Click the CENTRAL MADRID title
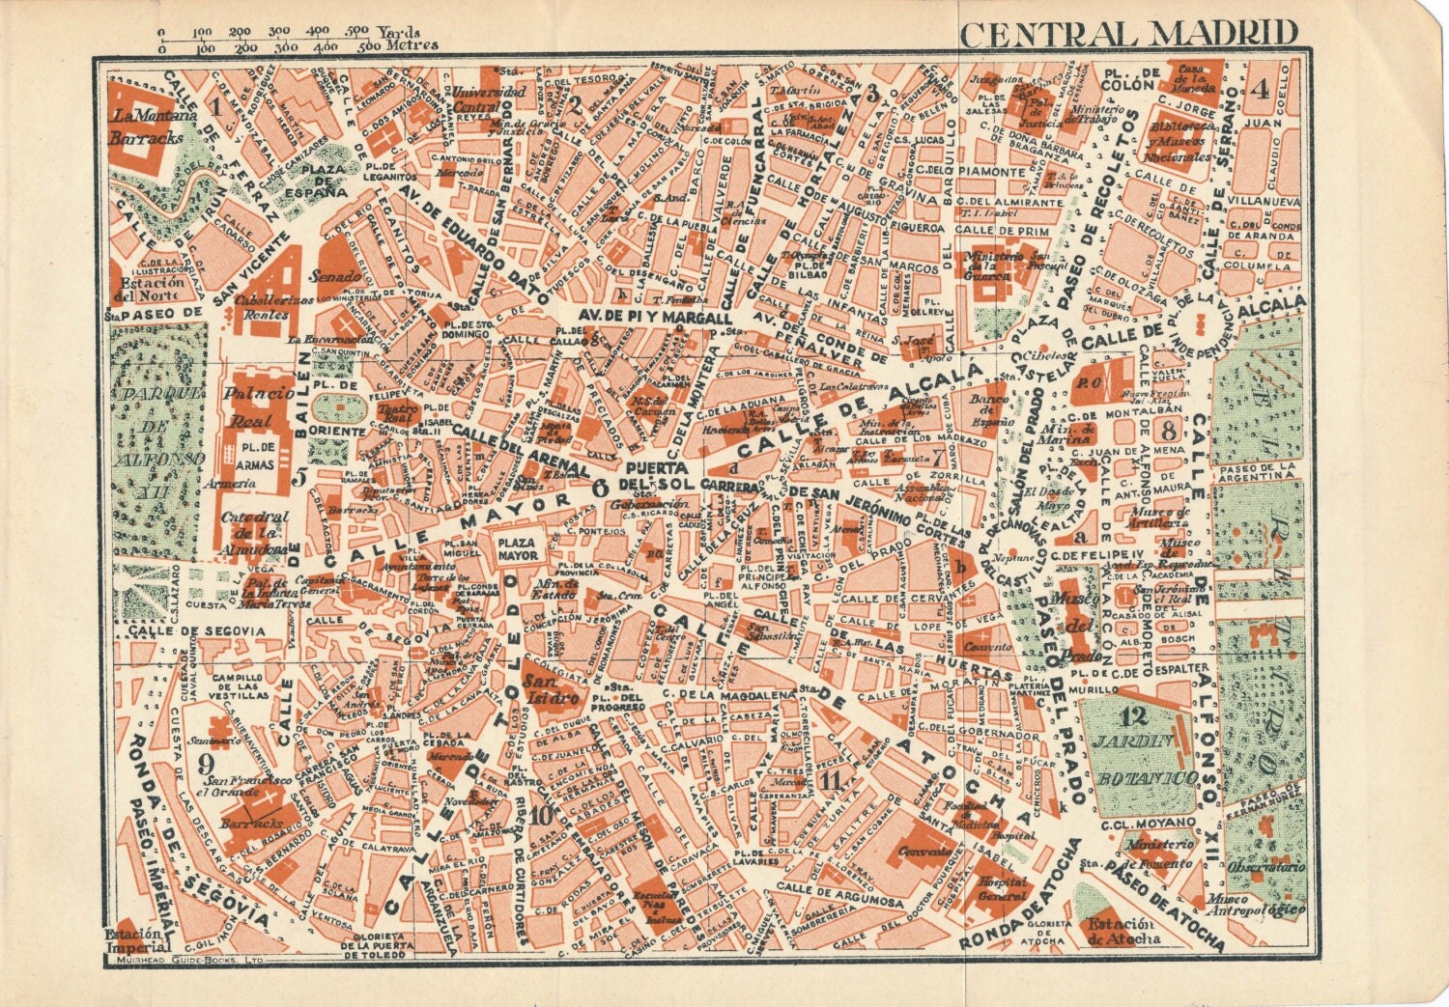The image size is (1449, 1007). [1128, 33]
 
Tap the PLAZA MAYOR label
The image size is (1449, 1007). [518, 549]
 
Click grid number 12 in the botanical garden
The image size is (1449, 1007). [1134, 716]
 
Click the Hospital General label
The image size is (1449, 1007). [1002, 889]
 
